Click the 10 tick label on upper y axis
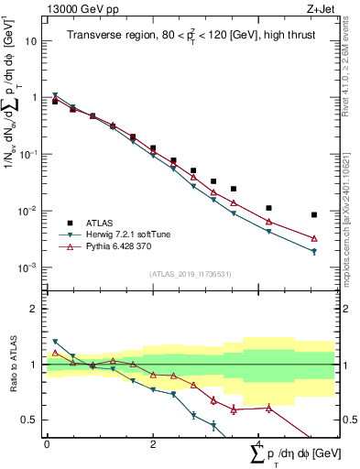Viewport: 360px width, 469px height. point(31,41)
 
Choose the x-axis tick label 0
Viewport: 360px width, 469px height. point(47,443)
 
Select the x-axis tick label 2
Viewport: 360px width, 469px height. point(152,443)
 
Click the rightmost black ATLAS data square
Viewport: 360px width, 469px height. point(314,215)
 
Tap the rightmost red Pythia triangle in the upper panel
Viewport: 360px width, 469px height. point(314,238)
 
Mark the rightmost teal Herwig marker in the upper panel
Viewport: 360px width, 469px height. point(314,251)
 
